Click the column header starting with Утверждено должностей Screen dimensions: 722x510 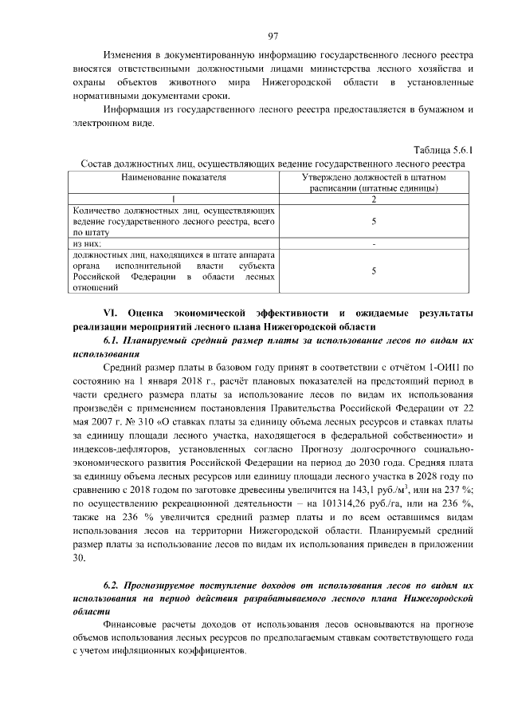click(374, 182)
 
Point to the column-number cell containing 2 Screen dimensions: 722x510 click(374, 199)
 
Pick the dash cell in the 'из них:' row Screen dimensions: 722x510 click(374, 243)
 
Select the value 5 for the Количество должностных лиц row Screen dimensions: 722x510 click(374, 221)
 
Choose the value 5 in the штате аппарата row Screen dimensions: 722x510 click(374, 271)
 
